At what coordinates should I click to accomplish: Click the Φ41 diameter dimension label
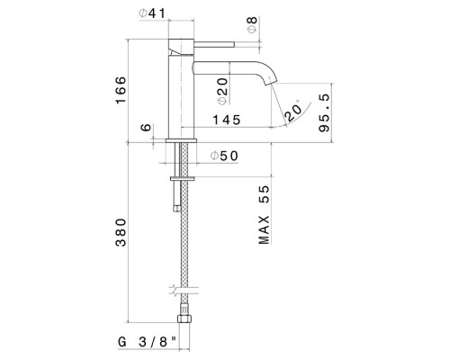point(152,13)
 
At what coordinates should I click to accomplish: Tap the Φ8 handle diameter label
point(252,25)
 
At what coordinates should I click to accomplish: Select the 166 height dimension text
point(121,90)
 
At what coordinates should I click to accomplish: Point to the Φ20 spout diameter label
point(222,91)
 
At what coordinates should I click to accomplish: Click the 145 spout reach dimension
point(227,120)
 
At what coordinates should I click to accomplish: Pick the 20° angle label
point(293,111)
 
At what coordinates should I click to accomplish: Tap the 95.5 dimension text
point(324,112)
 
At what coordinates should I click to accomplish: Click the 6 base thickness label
point(146,127)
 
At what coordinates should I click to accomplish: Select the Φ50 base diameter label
point(224,156)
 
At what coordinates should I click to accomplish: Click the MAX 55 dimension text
point(264,215)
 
